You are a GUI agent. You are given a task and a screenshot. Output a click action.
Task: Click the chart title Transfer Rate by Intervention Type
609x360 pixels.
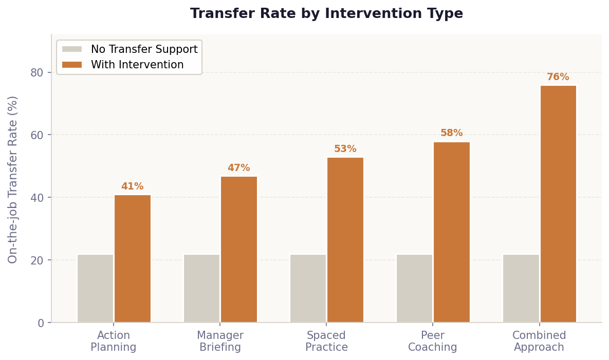(x=326, y=14)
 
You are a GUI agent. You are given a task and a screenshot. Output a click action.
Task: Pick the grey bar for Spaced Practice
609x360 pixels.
(x=308, y=288)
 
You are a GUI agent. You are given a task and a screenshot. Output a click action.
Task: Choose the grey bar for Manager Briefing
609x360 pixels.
(x=201, y=288)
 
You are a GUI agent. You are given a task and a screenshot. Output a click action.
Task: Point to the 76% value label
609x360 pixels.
(x=558, y=77)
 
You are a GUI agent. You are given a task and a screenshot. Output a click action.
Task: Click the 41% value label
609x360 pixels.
(x=132, y=186)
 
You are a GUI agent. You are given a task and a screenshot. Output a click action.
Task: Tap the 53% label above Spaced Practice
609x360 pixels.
(x=345, y=149)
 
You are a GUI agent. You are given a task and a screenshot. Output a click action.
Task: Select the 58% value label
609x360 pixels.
(x=451, y=133)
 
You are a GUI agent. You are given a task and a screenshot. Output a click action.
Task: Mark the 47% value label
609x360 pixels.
(x=238, y=168)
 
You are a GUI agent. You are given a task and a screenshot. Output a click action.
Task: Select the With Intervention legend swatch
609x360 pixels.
(x=71, y=65)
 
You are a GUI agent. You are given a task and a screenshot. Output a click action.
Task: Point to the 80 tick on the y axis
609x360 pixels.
(x=37, y=72)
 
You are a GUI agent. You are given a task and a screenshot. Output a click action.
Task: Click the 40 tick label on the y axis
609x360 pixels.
(x=37, y=198)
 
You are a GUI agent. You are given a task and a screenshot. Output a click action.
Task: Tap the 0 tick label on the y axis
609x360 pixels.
(x=41, y=323)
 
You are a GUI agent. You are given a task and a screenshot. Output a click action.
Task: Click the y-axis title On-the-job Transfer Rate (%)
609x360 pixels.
(x=13, y=179)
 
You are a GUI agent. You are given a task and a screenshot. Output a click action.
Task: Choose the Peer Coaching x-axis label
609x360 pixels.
(x=432, y=342)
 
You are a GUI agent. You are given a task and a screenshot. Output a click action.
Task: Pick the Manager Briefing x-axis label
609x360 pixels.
(x=220, y=342)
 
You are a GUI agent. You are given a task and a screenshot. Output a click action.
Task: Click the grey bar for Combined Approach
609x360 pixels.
(x=521, y=288)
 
